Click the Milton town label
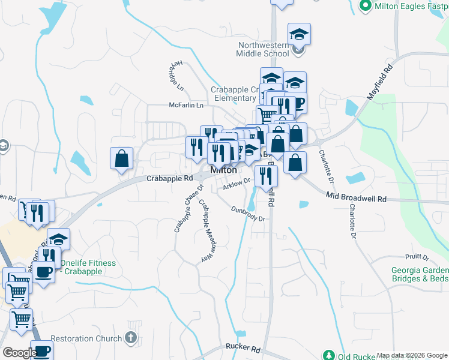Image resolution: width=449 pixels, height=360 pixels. pyautogui.click(x=223, y=170)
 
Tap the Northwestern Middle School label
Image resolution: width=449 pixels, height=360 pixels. pyautogui.click(x=263, y=49)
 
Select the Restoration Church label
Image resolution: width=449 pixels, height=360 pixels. pyautogui.click(x=86, y=338)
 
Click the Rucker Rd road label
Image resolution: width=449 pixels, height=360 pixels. pyautogui.click(x=243, y=348)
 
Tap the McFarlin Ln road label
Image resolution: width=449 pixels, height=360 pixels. pyautogui.click(x=186, y=105)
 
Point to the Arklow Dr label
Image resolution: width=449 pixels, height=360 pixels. pyautogui.click(x=236, y=185)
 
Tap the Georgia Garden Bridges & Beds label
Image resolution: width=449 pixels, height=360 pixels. pyautogui.click(x=420, y=274)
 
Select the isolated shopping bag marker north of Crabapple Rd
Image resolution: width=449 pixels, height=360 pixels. pyautogui.click(x=121, y=159)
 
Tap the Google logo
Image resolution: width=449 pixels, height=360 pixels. pyautogui.click(x=19, y=353)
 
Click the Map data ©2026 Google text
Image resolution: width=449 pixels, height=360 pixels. pyautogui.click(x=412, y=355)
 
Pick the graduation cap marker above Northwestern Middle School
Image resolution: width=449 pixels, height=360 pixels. pyautogui.click(x=299, y=34)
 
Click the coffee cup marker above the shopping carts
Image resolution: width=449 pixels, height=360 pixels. pyautogui.click(x=43, y=272)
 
